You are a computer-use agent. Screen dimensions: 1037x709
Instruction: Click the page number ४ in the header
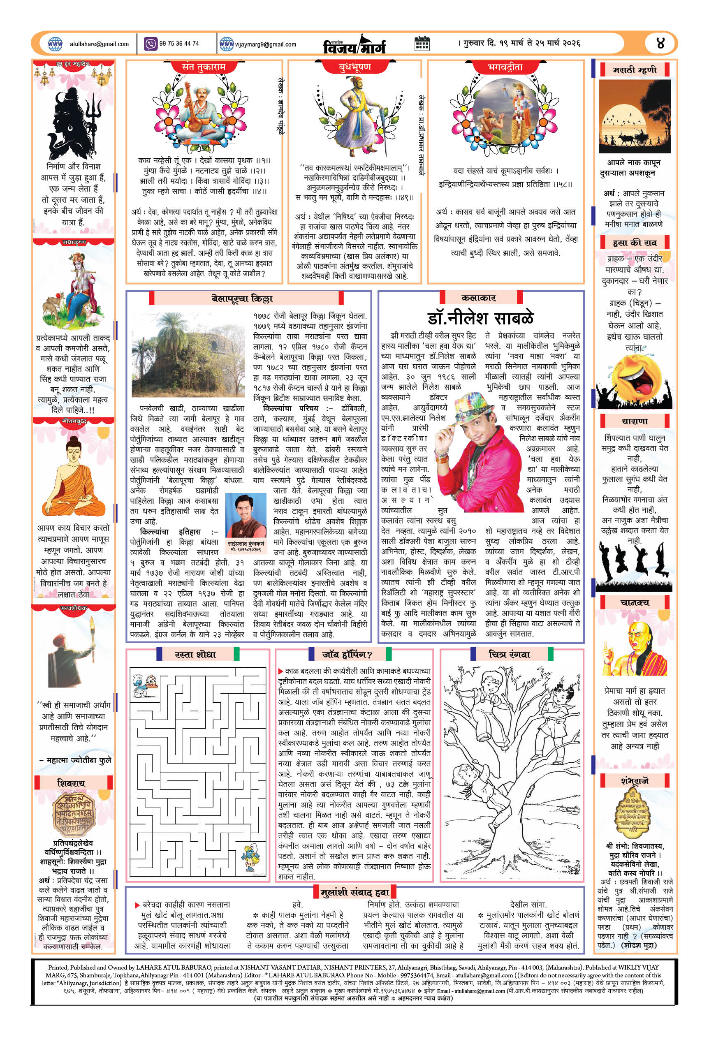[x=661, y=43]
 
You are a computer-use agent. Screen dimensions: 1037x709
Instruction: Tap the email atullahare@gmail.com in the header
[x=99, y=44]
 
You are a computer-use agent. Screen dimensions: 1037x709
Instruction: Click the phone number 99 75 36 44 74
[x=179, y=43]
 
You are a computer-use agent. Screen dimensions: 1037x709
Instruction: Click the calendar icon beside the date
[x=422, y=43]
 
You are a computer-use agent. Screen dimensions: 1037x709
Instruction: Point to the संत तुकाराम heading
[x=204, y=67]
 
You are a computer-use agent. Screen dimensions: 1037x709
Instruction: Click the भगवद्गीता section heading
[x=505, y=67]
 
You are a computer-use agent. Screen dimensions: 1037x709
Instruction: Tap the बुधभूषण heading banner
[x=355, y=67]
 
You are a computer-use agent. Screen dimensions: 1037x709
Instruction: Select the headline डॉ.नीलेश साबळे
[x=480, y=318]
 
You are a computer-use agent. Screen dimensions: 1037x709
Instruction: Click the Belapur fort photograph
[x=188, y=355]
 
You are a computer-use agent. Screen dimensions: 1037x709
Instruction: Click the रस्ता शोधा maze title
[x=195, y=655]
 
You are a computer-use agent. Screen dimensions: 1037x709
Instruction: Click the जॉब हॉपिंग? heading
[x=347, y=655]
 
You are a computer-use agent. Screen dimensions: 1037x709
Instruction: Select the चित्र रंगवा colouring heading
[x=509, y=655]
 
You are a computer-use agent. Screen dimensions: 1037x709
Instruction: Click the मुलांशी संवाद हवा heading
[x=355, y=892]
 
